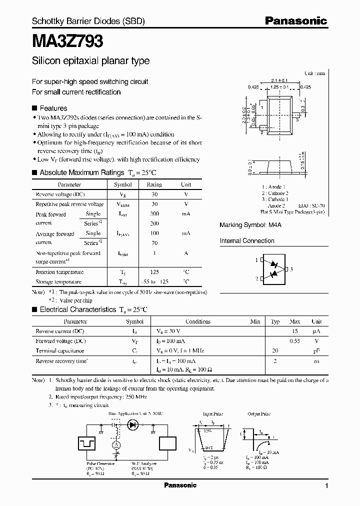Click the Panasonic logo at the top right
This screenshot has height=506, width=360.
click(295, 21)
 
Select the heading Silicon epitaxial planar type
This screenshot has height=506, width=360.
click(90, 61)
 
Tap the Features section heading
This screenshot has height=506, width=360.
click(53, 108)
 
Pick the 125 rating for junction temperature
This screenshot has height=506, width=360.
click(154, 272)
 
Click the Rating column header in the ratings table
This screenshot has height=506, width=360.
click(154, 184)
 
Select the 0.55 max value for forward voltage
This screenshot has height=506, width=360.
click(295, 341)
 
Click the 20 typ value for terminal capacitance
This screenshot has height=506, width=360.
click(274, 350)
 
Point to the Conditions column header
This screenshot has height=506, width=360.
click(198, 321)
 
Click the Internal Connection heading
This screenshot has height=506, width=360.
click(247, 241)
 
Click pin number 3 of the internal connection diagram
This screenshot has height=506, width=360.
click(291, 269)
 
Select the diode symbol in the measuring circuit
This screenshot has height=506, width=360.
click(132, 425)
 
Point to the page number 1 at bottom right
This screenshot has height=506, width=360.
click(326, 485)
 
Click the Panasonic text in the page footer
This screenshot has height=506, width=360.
click(180, 485)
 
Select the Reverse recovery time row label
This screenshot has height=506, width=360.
click(60, 360)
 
